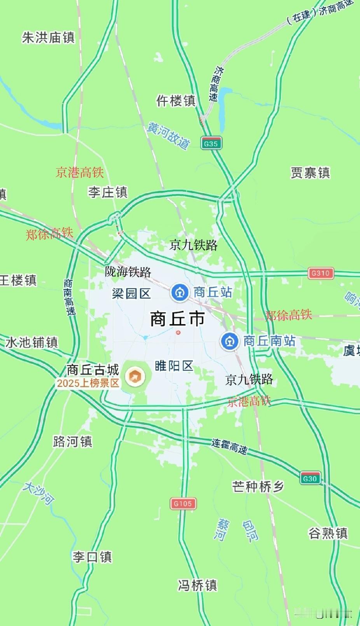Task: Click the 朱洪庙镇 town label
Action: click(48, 38)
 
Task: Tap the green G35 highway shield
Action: click(211, 143)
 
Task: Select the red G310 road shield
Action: click(320, 273)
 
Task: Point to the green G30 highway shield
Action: click(310, 478)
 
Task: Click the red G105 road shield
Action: click(183, 504)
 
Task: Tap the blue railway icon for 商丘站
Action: click(180, 292)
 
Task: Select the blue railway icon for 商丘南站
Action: click(229, 341)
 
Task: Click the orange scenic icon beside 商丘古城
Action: click(135, 376)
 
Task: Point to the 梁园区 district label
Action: click(131, 293)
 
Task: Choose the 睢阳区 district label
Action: click(174, 366)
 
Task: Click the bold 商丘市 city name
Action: click(178, 319)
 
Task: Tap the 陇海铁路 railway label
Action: click(128, 272)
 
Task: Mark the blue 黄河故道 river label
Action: click(168, 135)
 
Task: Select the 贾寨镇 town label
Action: click(310, 173)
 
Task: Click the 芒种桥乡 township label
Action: click(258, 487)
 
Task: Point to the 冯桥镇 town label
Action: click(197, 585)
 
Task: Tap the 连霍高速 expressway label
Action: click(229, 446)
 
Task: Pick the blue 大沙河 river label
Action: click(38, 493)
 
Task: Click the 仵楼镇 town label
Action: click(176, 101)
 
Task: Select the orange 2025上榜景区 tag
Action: click(88, 383)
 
